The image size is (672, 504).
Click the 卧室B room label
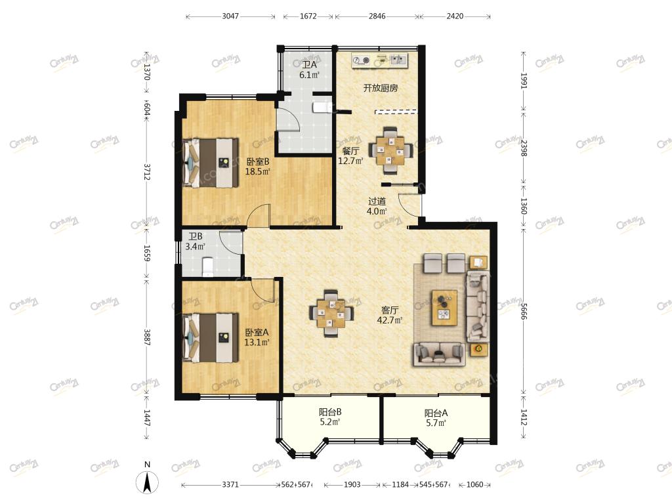click(257, 162)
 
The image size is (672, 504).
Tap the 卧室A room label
click(257, 333)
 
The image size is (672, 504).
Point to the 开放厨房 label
click(381, 89)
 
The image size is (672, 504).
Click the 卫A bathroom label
click(309, 65)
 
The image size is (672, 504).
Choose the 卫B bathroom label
click(196, 236)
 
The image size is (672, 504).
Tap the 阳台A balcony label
click(436, 413)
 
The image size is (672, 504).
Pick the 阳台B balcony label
click(330, 412)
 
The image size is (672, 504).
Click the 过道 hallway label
click(377, 201)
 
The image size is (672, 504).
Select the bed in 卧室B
click(211, 163)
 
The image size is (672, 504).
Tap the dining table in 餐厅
click(390, 150)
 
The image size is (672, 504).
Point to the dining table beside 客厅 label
click(331, 314)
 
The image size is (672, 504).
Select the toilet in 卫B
click(207, 266)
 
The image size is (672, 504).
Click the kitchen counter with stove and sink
click(380, 60)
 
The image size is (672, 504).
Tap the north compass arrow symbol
click(147, 482)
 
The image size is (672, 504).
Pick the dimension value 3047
click(230, 16)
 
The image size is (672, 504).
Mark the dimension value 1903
click(352, 485)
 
